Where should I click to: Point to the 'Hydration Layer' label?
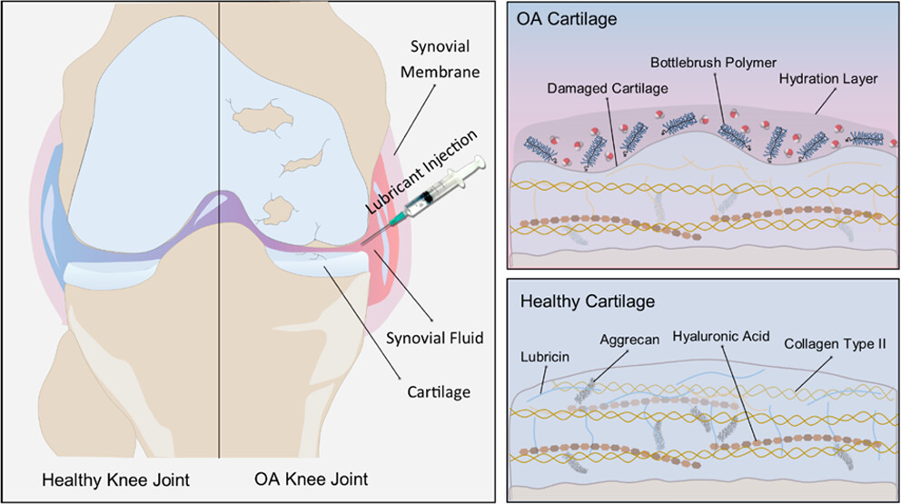(828, 79)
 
